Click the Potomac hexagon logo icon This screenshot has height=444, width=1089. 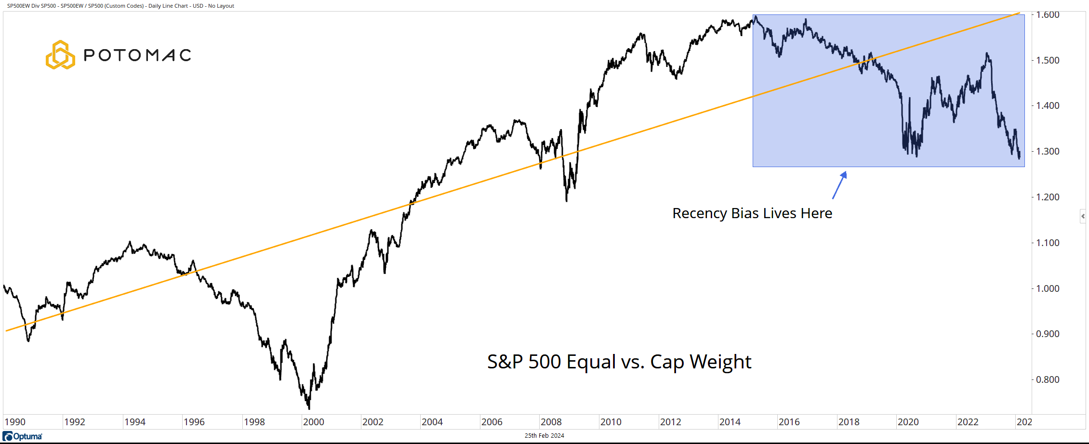click(x=60, y=55)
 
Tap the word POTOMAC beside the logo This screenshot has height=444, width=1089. click(x=137, y=55)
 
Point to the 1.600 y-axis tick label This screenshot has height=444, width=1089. click(x=1048, y=15)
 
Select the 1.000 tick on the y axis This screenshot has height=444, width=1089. click(x=1048, y=288)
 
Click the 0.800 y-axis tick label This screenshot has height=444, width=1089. click(x=1048, y=379)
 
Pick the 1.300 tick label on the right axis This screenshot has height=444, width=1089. click(x=1048, y=151)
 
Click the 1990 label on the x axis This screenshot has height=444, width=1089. click(x=15, y=422)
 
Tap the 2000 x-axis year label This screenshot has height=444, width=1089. click(x=313, y=422)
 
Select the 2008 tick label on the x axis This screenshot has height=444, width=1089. click(x=551, y=422)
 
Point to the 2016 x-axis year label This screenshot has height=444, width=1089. click(x=789, y=422)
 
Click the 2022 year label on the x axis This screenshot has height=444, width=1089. click(x=968, y=422)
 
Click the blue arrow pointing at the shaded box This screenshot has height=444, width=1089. click(x=839, y=185)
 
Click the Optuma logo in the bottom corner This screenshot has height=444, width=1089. click(x=23, y=436)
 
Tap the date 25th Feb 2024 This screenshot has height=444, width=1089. click(x=544, y=436)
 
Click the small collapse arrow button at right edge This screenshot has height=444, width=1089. click(x=1083, y=216)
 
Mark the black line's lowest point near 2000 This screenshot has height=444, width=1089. click(x=308, y=408)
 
